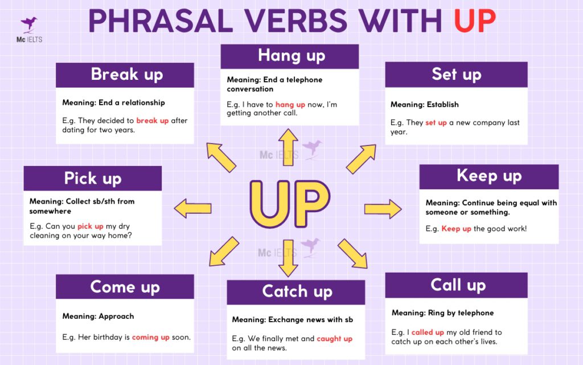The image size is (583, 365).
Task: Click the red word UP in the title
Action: pyautogui.click(x=474, y=21)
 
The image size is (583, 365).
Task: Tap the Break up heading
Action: pyautogui.click(x=126, y=75)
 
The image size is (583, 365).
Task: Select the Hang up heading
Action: pyautogui.click(x=291, y=56)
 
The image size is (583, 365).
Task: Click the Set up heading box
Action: pyautogui.click(x=456, y=74)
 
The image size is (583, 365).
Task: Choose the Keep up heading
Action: pyautogui.click(x=489, y=176)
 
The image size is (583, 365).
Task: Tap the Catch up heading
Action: pyautogui.click(x=297, y=292)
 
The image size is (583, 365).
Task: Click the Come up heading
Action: pyautogui.click(x=125, y=286)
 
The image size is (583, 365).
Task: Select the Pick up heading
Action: pyautogui.click(x=93, y=178)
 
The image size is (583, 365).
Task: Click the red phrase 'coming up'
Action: pyautogui.click(x=150, y=337)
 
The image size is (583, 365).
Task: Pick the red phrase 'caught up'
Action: pyautogui.click(x=334, y=339)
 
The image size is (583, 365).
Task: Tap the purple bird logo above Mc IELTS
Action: pyautogui.click(x=29, y=24)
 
